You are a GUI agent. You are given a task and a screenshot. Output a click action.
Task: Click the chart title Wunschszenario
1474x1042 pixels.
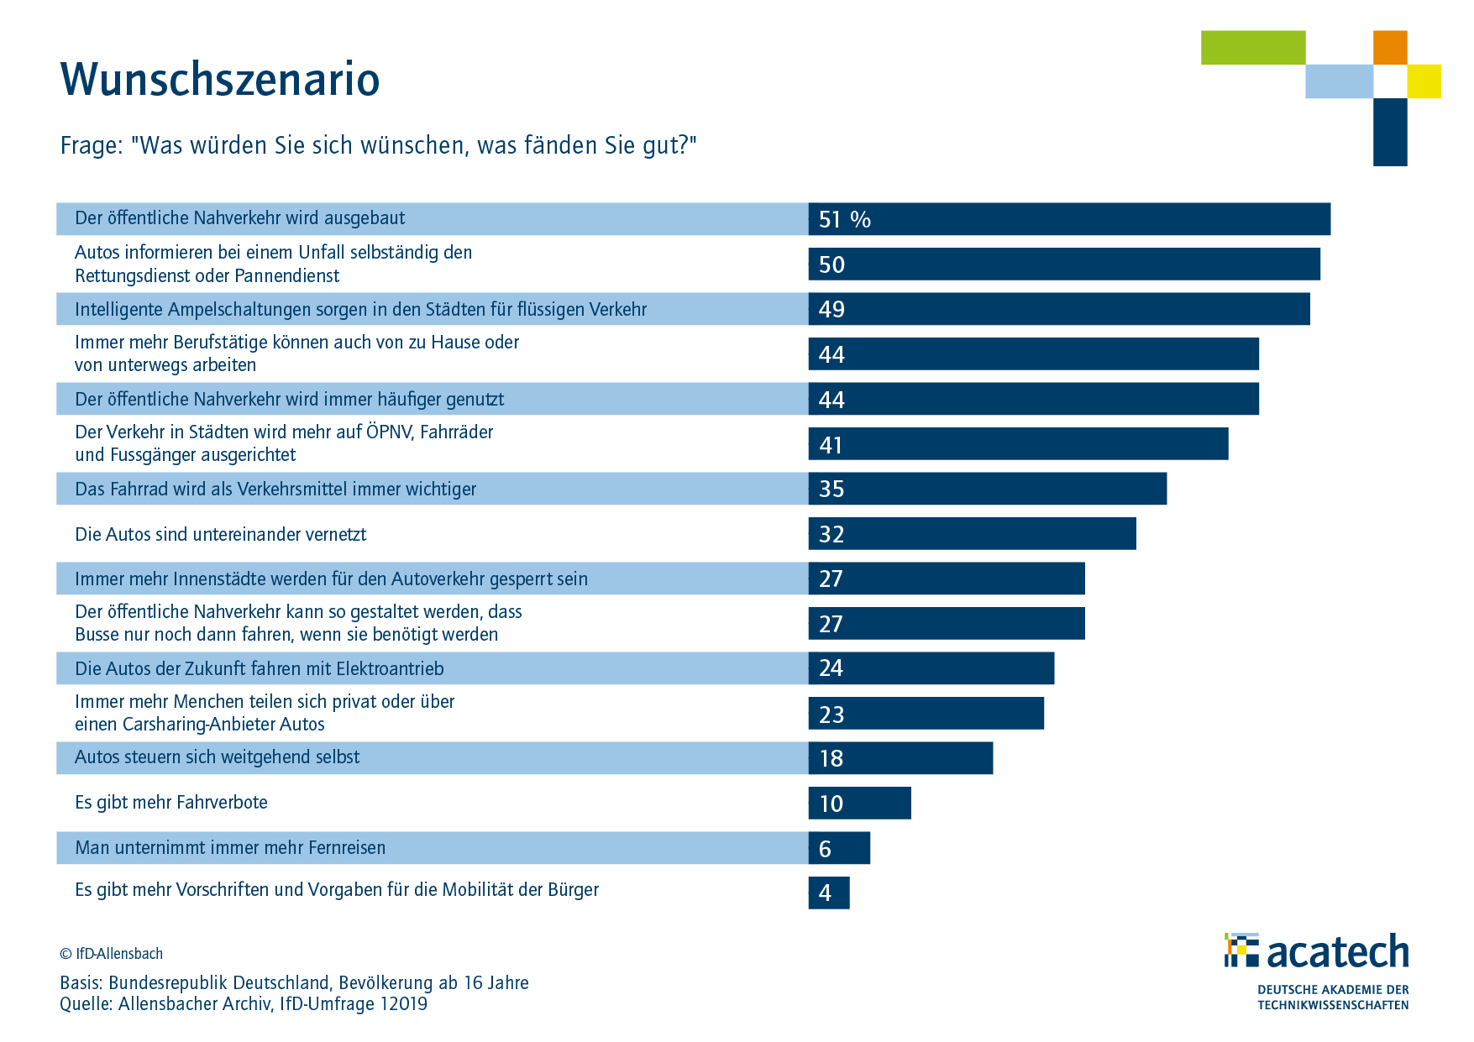[220, 80]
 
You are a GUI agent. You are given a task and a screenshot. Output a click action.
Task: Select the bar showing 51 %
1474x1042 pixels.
[1069, 219]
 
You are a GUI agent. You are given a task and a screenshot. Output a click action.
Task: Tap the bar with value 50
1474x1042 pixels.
[1064, 264]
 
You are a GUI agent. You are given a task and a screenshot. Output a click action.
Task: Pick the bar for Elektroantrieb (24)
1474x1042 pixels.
[931, 668]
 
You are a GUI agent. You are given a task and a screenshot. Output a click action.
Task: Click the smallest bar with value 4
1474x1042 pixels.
[829, 893]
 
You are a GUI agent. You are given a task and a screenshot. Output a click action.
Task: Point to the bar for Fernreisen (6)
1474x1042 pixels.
[839, 848]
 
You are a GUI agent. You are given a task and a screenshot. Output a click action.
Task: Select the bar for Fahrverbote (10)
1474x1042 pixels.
[859, 803]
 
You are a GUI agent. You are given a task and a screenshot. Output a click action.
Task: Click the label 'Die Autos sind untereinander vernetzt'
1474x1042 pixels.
[220, 535]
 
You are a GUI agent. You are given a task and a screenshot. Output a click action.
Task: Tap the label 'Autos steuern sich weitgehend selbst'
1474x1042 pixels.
[217, 757]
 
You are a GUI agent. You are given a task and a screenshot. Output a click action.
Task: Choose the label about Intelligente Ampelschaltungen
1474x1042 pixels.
[360, 310]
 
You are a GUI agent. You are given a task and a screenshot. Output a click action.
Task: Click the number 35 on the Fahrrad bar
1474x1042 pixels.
[831, 490]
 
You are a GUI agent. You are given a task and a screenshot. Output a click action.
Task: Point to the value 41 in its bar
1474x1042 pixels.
[831, 445]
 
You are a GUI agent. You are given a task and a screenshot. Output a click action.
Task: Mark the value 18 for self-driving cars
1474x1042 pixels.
[831, 759]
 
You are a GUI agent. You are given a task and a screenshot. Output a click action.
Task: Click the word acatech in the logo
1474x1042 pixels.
[1337, 952]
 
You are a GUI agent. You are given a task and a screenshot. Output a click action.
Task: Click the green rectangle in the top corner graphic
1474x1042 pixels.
[1252, 48]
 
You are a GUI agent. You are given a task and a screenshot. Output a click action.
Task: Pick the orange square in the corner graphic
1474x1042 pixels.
[1390, 48]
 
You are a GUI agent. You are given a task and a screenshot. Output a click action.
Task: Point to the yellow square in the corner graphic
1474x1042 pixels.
[1424, 81]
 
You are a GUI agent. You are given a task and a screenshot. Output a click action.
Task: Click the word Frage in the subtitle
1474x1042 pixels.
[91, 146]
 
